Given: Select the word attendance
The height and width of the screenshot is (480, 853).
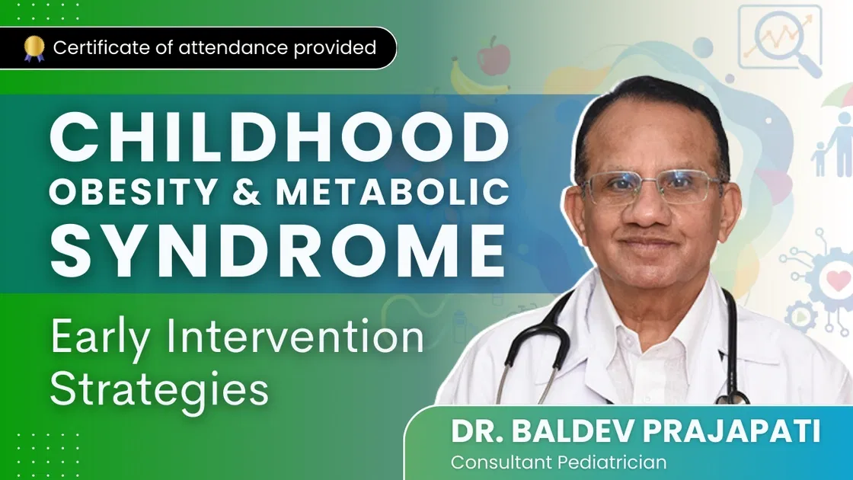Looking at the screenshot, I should (x=218, y=48).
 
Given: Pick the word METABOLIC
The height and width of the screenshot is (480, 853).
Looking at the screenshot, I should (x=391, y=194).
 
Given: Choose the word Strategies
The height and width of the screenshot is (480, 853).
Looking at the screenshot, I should (x=159, y=389).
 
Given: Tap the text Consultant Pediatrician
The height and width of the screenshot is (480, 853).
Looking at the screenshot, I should (x=558, y=462).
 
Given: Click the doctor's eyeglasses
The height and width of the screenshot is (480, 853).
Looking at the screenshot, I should (x=652, y=186).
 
